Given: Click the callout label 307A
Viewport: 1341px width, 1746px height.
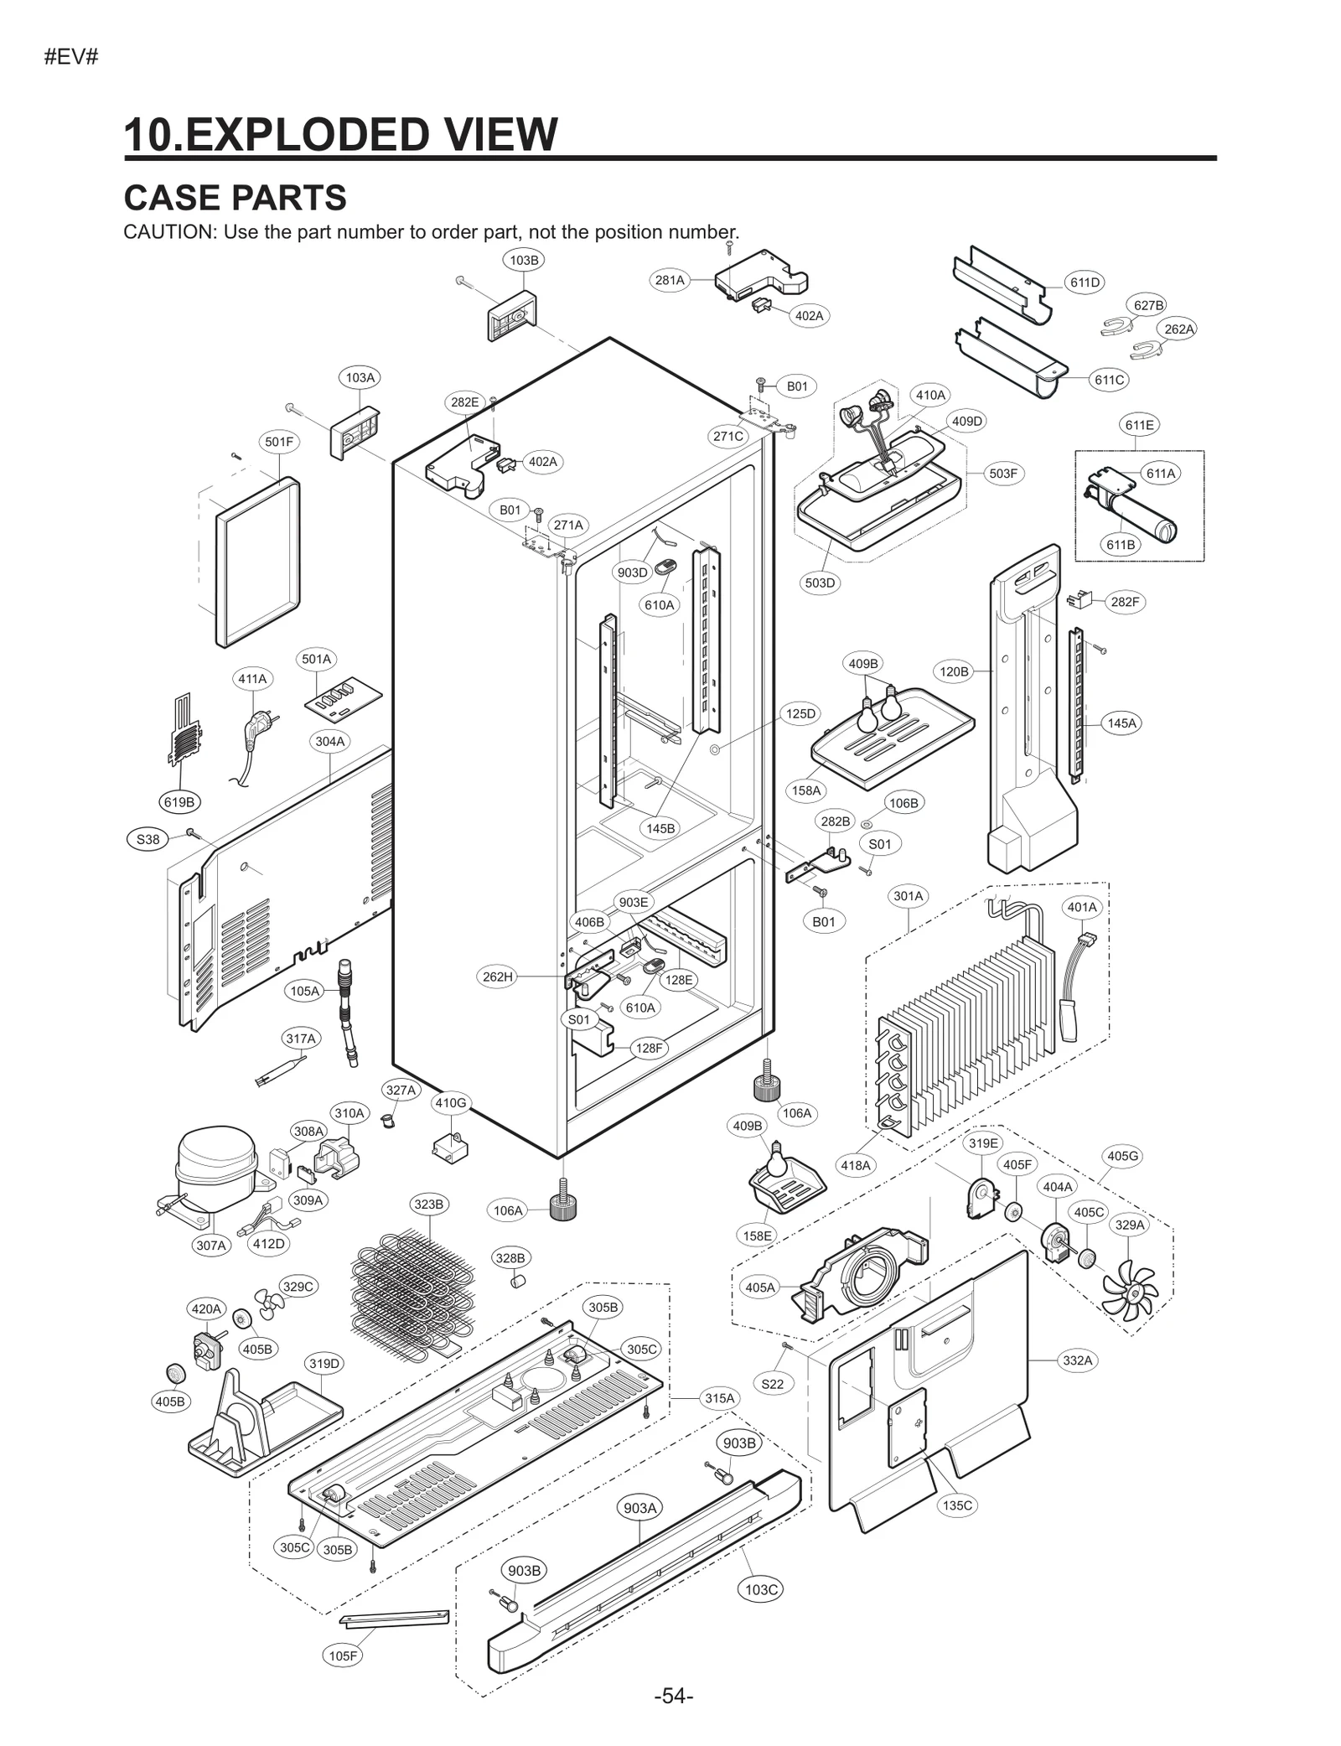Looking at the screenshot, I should coord(211,1246).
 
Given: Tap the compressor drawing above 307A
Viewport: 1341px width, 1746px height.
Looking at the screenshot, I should coord(216,1168).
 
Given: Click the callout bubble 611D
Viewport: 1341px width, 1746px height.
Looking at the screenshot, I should coord(1085,282).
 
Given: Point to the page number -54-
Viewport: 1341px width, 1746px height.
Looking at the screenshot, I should coord(673,1697).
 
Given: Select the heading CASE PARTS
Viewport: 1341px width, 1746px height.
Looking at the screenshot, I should coord(235,198).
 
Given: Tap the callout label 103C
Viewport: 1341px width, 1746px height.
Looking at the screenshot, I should coord(761,1589).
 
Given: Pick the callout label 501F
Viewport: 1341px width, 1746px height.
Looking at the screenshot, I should coord(279,442).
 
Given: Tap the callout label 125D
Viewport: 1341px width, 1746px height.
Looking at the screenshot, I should coord(800,713).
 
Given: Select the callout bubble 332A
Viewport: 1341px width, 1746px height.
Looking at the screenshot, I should coord(1078,1360).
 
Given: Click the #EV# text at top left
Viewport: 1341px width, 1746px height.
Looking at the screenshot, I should coord(71,58).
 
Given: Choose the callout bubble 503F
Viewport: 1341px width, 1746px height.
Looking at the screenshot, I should coord(1002,474).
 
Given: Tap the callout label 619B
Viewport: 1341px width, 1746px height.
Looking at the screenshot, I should coord(179,802).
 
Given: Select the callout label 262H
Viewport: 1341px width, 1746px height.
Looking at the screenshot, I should coord(498,977).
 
